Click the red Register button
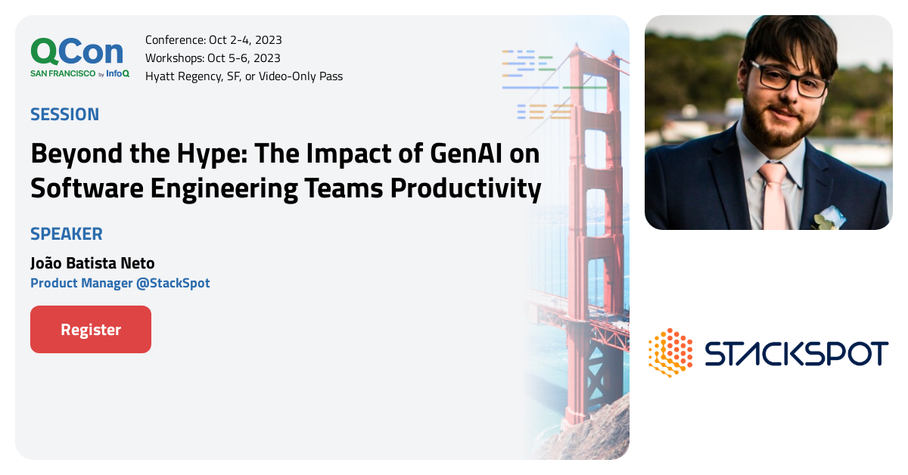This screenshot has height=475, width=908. coord(91,330)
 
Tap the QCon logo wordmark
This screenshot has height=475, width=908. coord(76,51)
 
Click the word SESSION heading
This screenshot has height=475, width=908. coord(64,114)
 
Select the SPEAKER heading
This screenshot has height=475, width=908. coord(66,234)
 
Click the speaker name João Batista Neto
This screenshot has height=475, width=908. coord(92,262)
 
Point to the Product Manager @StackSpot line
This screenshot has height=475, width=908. coord(120,283)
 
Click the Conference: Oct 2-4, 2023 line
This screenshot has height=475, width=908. coord(213,40)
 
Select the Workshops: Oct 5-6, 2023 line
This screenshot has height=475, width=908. coord(213,58)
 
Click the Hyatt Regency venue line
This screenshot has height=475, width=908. coord(244,76)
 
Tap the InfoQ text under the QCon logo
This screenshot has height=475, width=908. coord(117,73)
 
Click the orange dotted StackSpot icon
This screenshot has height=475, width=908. coord(670,352)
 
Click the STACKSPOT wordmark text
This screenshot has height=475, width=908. coord(796,353)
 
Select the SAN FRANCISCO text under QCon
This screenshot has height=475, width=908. coord(63,73)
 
